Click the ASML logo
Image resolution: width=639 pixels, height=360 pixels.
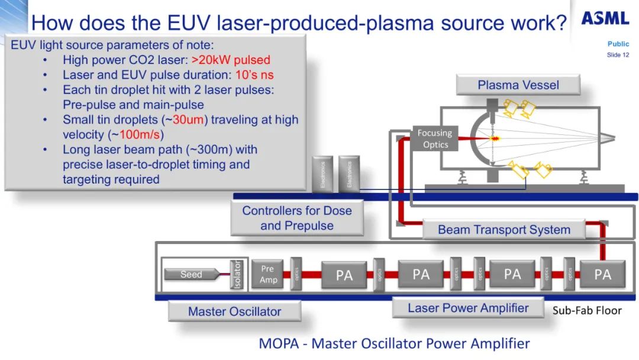(x=605, y=18)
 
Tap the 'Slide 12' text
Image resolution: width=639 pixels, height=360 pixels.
(x=618, y=55)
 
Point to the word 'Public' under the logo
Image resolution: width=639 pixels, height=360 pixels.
(x=618, y=44)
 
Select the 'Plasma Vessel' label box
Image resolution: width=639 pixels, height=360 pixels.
(x=518, y=85)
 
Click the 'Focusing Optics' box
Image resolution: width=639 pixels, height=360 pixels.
(x=435, y=139)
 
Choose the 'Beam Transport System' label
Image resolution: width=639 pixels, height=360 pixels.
(x=504, y=230)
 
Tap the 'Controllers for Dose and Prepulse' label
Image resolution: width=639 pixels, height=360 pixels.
(x=296, y=218)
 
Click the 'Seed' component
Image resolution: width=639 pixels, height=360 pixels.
(x=191, y=274)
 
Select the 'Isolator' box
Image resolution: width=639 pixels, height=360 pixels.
(x=238, y=274)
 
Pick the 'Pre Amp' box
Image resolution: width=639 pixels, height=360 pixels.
(x=268, y=274)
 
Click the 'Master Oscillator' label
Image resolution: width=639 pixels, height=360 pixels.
(x=234, y=311)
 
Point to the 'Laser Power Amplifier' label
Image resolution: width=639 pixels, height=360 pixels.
(x=468, y=308)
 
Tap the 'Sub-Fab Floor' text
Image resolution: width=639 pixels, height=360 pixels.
(x=587, y=310)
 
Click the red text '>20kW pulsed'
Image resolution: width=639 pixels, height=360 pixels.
(x=231, y=60)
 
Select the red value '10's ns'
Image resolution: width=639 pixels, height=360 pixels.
(x=254, y=75)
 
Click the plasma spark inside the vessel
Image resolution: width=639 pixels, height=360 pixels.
(x=495, y=138)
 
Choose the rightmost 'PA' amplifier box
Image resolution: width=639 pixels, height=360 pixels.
(x=602, y=274)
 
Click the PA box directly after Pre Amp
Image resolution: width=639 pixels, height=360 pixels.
(x=344, y=275)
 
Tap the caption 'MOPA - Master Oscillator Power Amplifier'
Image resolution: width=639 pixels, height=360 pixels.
(x=394, y=343)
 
